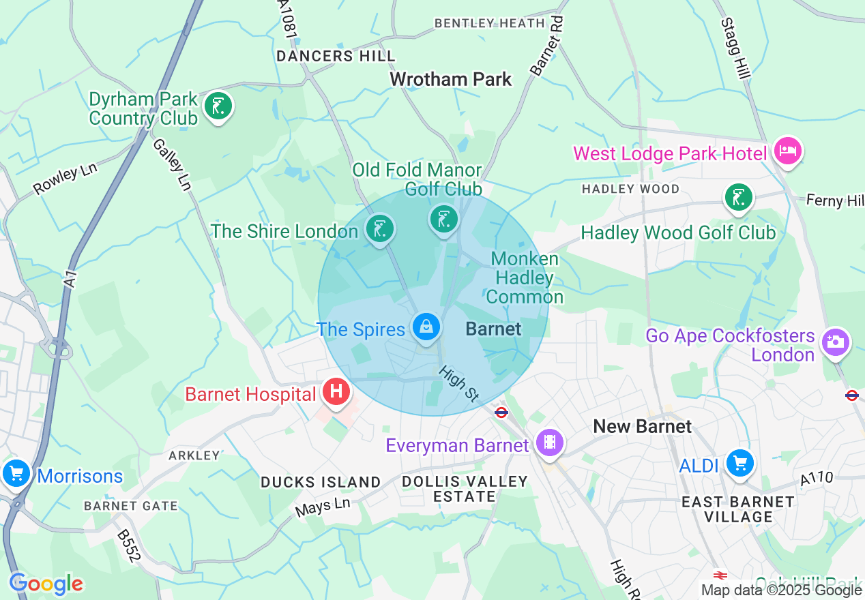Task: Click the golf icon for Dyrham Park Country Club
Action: tap(218, 106)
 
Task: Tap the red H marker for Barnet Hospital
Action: tap(336, 392)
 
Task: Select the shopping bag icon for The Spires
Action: tap(426, 328)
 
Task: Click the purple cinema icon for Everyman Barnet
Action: tap(550, 443)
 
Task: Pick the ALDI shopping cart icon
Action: tap(739, 463)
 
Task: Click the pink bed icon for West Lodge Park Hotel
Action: tap(788, 151)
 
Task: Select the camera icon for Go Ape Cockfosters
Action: tap(835, 342)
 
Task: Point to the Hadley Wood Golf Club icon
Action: tap(737, 198)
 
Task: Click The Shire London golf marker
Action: tap(379, 229)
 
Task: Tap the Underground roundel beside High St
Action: tap(501, 412)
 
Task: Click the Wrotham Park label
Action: tap(450, 79)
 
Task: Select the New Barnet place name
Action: tap(642, 427)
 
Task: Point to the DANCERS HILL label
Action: tap(336, 56)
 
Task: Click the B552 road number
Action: tap(129, 546)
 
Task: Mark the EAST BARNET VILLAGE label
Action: tap(738, 509)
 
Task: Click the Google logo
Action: tap(46, 584)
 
